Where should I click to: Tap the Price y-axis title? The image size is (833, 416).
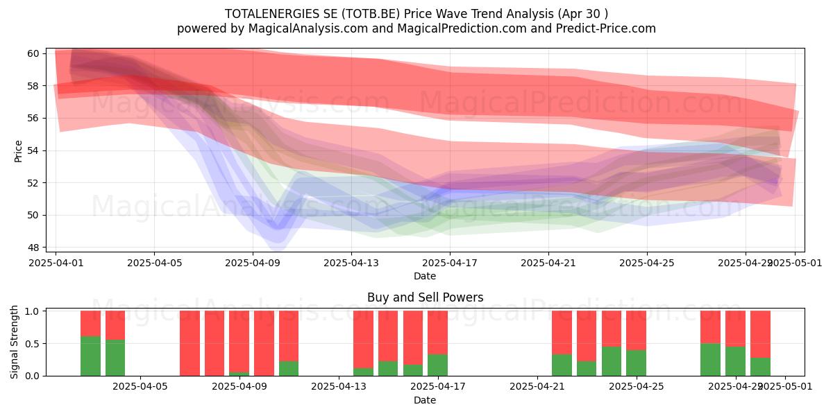pyautogui.click(x=18, y=150)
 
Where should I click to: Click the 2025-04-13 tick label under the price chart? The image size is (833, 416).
pyautogui.click(x=351, y=263)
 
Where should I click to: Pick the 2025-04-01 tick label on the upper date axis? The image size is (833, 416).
pyautogui.click(x=56, y=263)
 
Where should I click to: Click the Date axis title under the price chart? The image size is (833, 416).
pyautogui.click(x=425, y=276)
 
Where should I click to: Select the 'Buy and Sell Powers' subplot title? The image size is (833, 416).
pyautogui.click(x=425, y=297)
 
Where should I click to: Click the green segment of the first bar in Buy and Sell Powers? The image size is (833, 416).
pyautogui.click(x=90, y=356)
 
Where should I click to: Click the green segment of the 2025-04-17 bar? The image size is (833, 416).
pyautogui.click(x=437, y=365)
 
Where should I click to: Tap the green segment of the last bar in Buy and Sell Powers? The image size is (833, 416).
pyautogui.click(x=760, y=367)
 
